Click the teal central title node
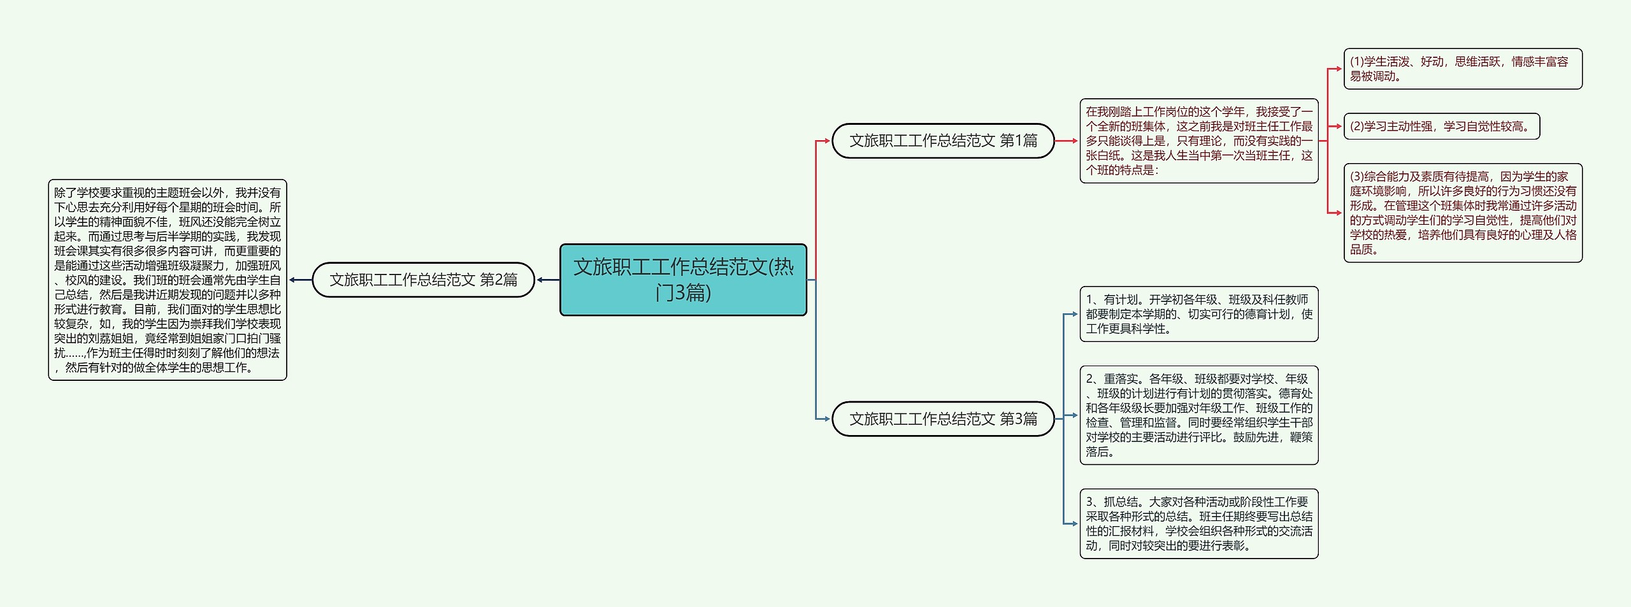click(683, 280)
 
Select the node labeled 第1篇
click(943, 141)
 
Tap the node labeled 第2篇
click(423, 280)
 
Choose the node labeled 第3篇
click(943, 418)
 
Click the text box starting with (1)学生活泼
click(1462, 69)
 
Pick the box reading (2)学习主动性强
click(1441, 126)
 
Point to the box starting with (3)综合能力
click(1462, 213)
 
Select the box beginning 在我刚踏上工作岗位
click(1198, 141)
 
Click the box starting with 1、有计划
click(1198, 314)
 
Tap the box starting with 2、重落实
click(1198, 415)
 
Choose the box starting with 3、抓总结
click(1198, 524)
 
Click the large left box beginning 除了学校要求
click(168, 280)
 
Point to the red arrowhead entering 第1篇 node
click(827, 141)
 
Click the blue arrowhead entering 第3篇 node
click(827, 418)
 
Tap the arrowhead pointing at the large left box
click(292, 280)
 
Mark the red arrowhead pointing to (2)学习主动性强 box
click(1339, 126)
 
